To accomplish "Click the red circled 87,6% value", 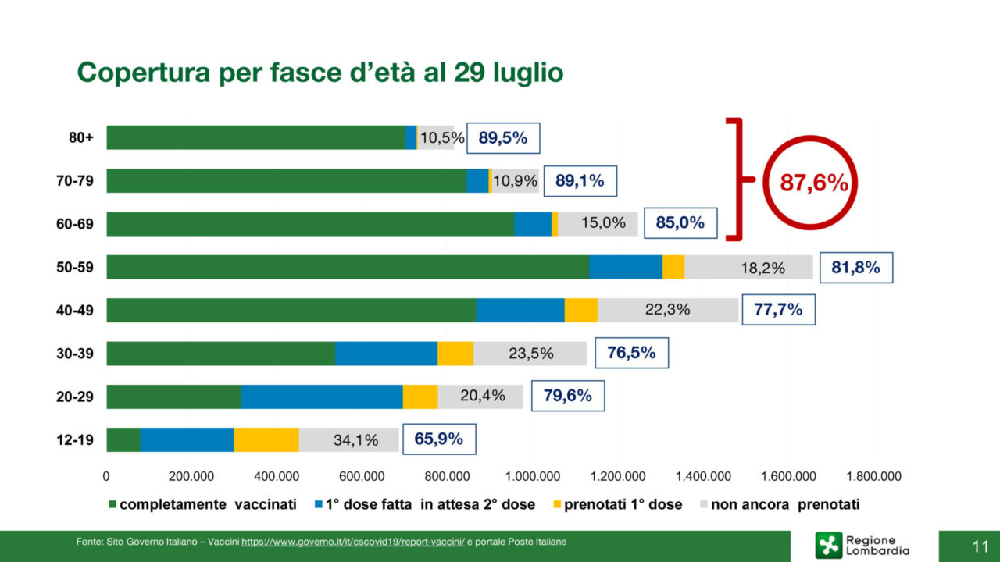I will pos(813,183).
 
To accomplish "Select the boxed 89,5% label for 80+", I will pos(503,138).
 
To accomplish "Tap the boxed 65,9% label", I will pos(438,439).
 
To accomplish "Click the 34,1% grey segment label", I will pos(355,440).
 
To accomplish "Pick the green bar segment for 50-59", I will pos(348,267).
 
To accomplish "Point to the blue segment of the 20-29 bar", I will pos(321,397).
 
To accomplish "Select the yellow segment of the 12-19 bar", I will pos(266,440).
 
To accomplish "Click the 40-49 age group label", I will pos(75,310).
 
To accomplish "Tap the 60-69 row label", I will pos(75,224).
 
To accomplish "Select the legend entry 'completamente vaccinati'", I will pos(202,504).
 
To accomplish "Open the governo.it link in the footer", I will pos(353,542).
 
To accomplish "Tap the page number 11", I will pos(980,546).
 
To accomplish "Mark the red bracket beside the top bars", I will pos(737,180).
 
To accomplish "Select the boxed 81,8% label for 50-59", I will pos(855,268).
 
